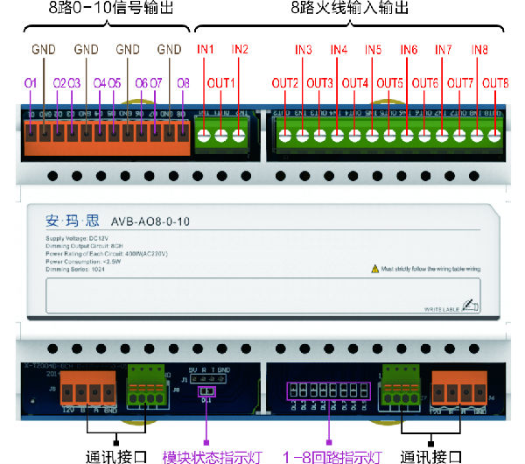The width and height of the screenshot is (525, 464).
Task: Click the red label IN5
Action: pyautogui.click(x=374, y=48)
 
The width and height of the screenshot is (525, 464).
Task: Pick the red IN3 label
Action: pyautogui.click(x=304, y=48)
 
